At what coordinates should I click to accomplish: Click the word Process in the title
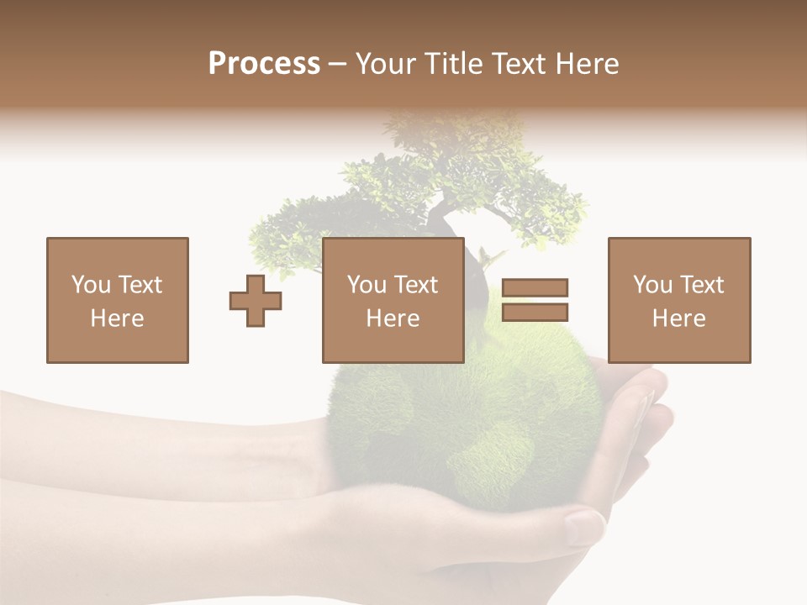click(x=264, y=64)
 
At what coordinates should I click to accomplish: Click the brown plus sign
click(x=256, y=301)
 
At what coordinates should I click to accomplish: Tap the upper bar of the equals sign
click(x=535, y=287)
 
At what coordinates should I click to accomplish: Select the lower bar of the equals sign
click(x=535, y=312)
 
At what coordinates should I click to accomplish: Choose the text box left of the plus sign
click(x=118, y=300)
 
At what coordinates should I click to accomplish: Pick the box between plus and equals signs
click(x=393, y=300)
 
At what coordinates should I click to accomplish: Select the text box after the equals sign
click(x=679, y=300)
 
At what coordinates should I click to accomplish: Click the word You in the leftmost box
click(x=91, y=285)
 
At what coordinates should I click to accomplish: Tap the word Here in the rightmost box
click(x=679, y=318)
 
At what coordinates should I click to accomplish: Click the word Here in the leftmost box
click(x=118, y=318)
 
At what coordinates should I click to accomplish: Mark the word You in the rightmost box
click(x=652, y=285)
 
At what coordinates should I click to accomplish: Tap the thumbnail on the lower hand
click(x=583, y=528)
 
